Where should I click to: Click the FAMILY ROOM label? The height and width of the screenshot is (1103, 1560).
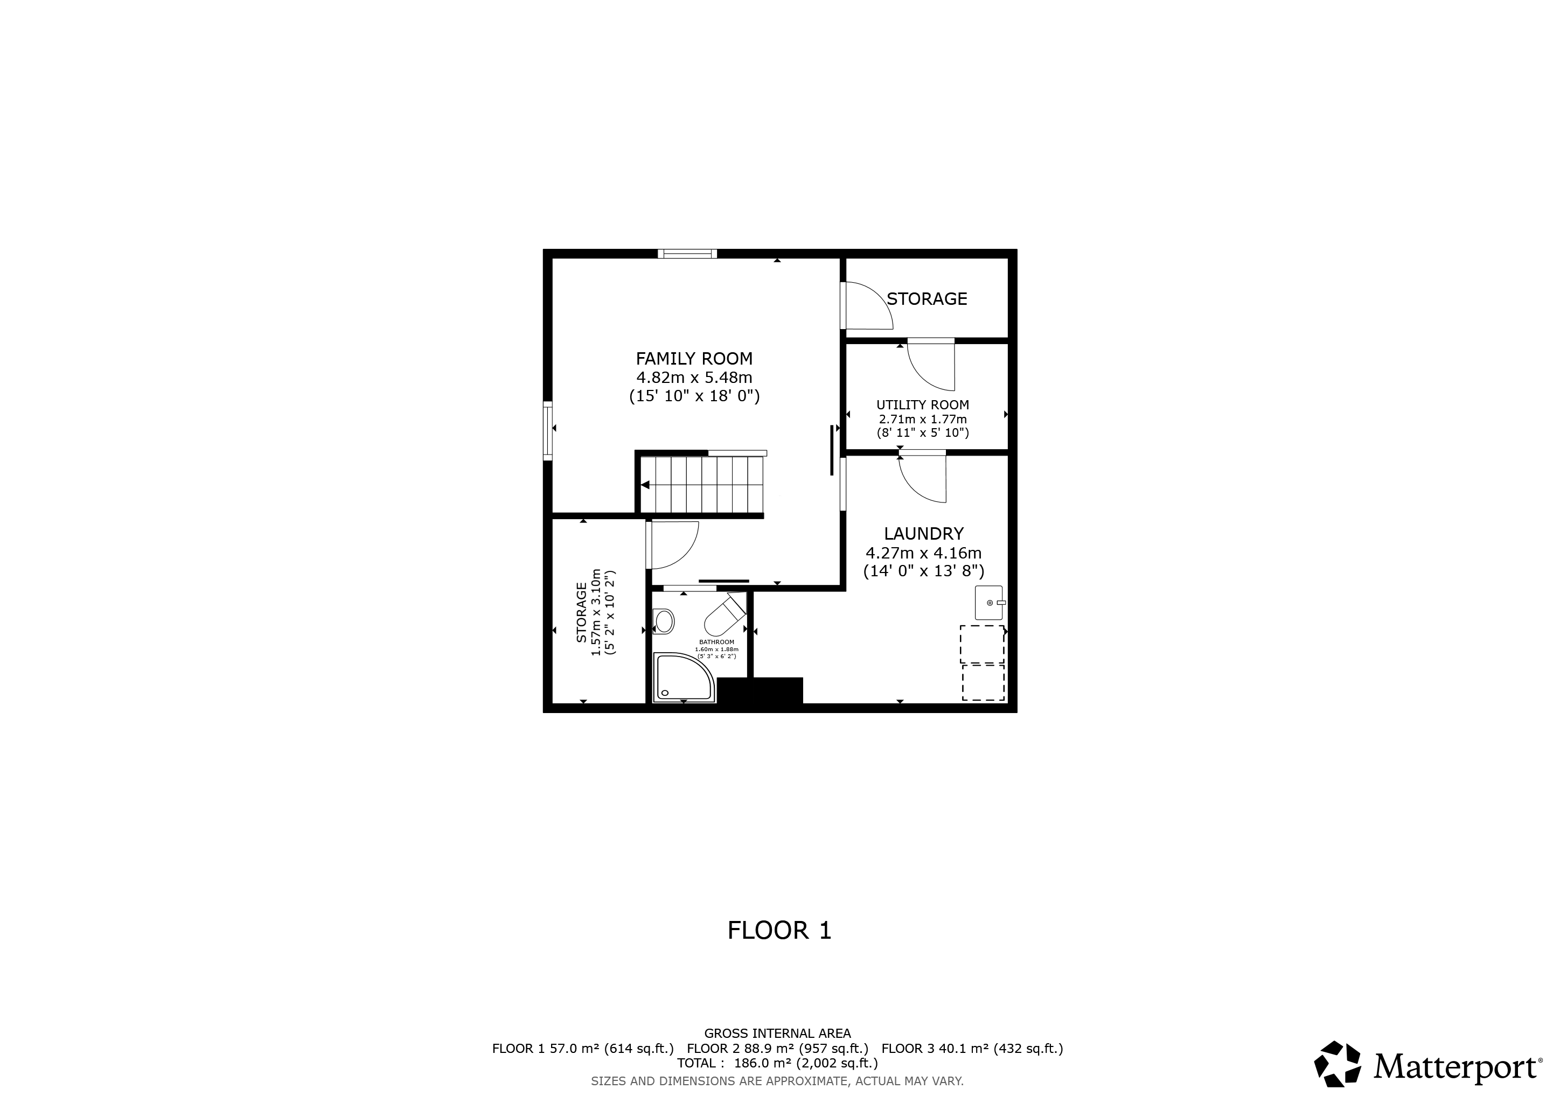[x=694, y=359]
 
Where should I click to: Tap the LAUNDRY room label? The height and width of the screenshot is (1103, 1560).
[x=923, y=534]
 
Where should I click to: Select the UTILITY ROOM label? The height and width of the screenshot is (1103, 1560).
[x=923, y=405]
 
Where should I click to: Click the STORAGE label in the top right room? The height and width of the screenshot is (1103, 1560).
[x=927, y=299]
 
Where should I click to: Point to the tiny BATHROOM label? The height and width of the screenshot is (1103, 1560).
[x=717, y=642]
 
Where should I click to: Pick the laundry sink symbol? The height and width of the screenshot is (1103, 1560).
[x=989, y=603]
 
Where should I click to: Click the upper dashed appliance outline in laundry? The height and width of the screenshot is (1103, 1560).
[x=982, y=644]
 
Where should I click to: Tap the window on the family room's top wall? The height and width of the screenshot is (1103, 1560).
[x=687, y=254]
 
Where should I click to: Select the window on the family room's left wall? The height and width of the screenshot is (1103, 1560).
[x=548, y=431]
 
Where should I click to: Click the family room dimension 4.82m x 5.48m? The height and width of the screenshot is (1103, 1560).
[x=694, y=378]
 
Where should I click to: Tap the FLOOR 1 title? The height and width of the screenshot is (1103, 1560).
[x=779, y=931]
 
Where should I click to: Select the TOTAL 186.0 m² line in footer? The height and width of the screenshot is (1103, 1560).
[x=777, y=1063]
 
